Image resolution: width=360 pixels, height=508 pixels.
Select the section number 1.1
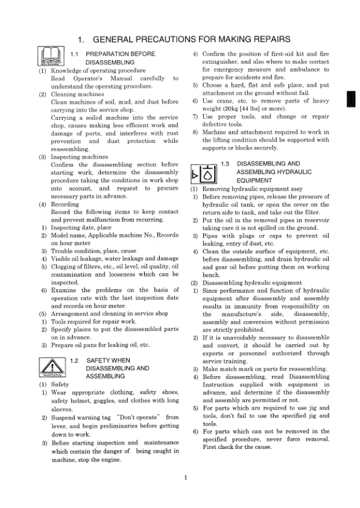coord(75,54)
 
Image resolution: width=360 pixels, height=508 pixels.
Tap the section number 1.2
coord(75,360)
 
